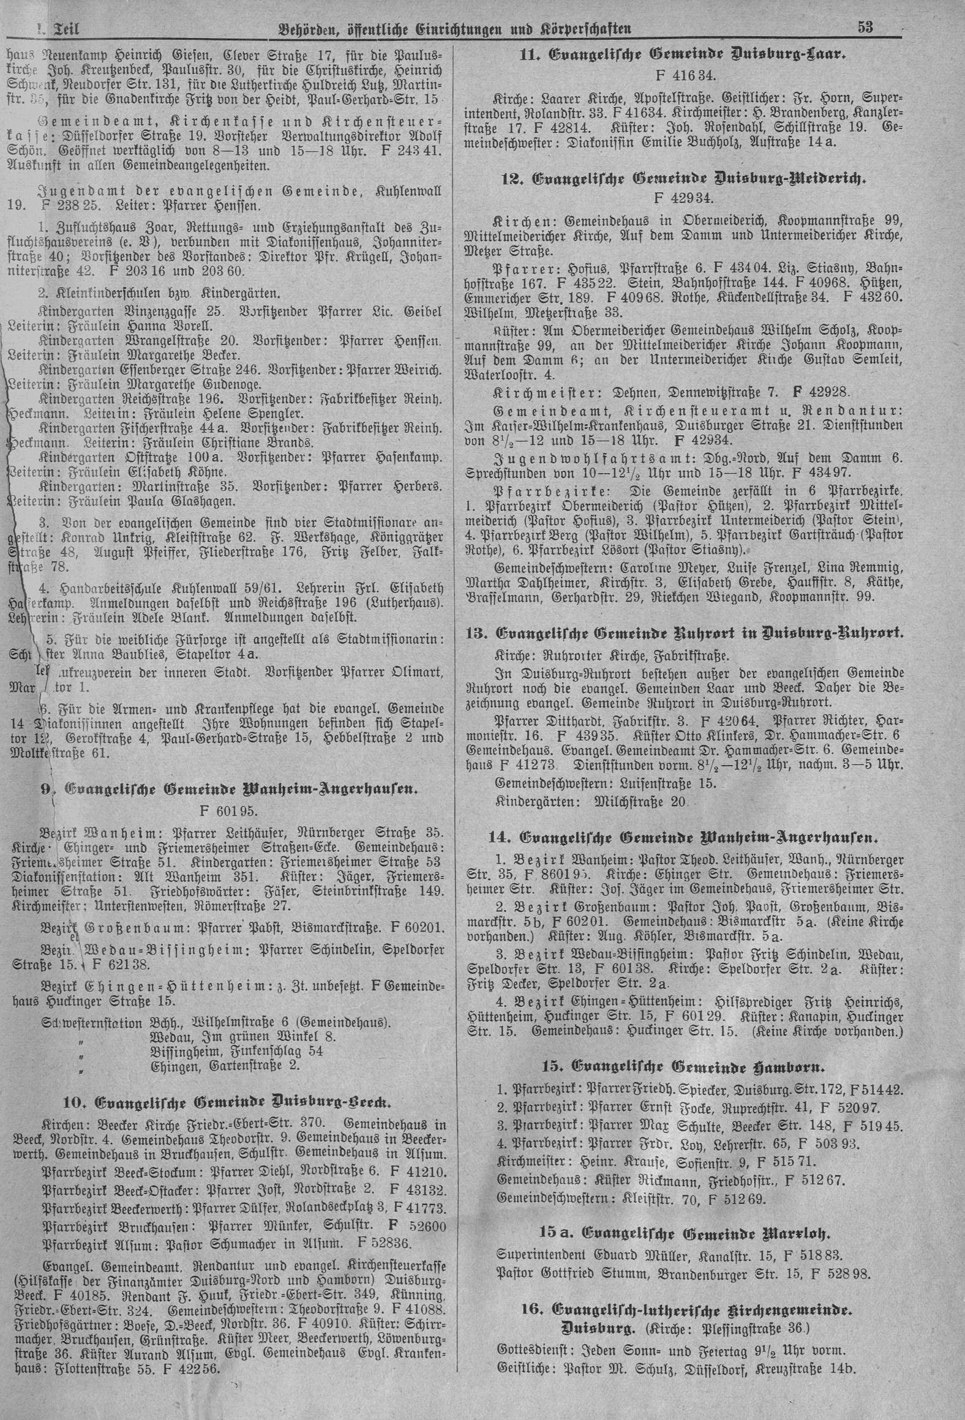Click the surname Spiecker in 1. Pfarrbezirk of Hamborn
(x=677, y=1089)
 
